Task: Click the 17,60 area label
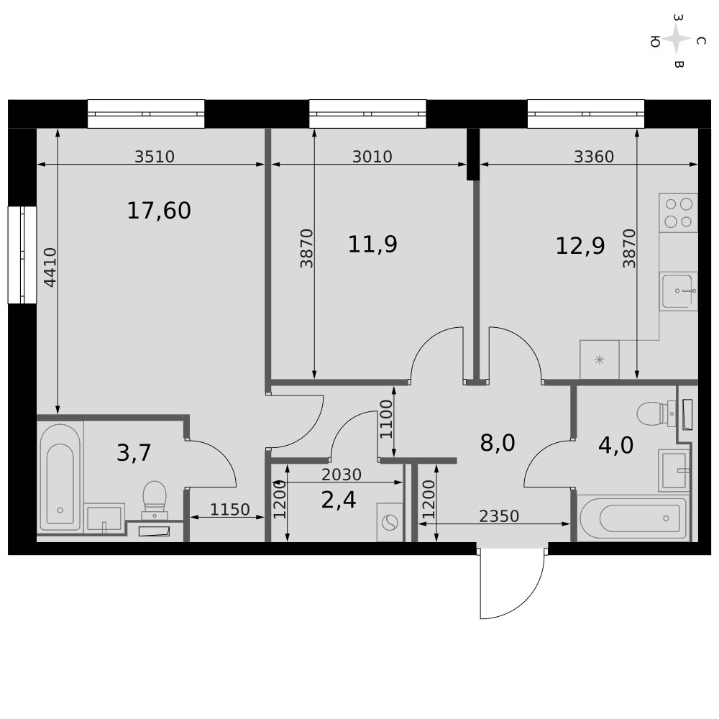[x=159, y=211]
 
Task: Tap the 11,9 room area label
[x=372, y=244]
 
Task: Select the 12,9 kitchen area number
[x=580, y=246]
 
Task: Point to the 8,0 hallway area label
[x=498, y=444]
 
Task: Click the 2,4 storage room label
[x=339, y=500]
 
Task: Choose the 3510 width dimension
[x=155, y=157]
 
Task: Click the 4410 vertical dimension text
[x=50, y=267]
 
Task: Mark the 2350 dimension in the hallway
[x=499, y=516]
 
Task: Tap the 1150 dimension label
[x=230, y=510]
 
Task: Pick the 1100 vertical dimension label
[x=386, y=419]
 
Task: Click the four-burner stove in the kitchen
[x=678, y=213]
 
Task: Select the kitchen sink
[x=678, y=291]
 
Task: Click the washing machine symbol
[x=390, y=522]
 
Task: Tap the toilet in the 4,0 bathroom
[x=656, y=413]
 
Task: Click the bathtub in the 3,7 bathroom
[x=60, y=478]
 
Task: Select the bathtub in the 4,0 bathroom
[x=633, y=518]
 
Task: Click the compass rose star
[x=677, y=40]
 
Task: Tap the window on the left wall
[x=22, y=255]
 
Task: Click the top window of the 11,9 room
[x=367, y=114]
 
